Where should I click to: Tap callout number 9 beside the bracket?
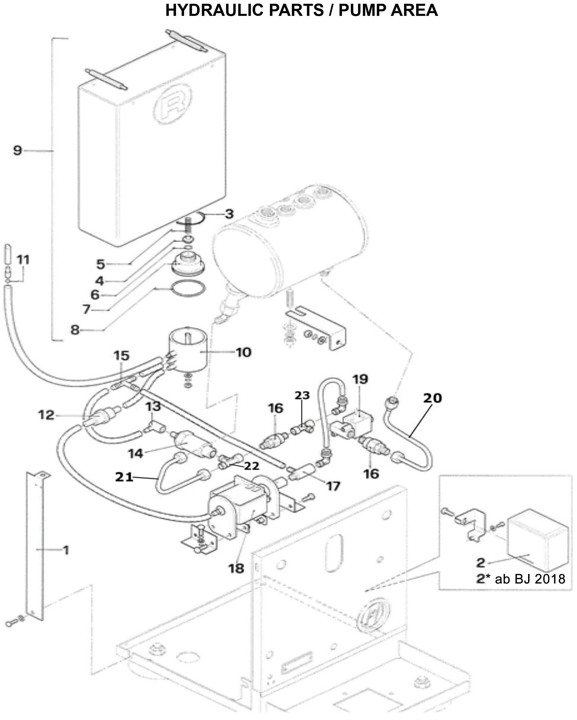(18, 150)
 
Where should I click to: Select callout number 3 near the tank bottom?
(229, 214)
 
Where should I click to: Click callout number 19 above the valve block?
(360, 379)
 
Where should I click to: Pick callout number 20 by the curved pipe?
(432, 398)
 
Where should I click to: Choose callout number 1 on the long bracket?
(66, 550)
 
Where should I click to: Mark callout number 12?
(46, 415)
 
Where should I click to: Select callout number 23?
(302, 395)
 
